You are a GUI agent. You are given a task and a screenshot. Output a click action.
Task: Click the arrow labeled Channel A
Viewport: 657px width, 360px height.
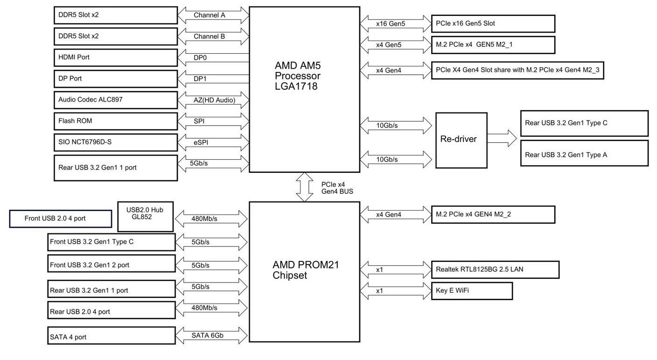[x=213, y=15]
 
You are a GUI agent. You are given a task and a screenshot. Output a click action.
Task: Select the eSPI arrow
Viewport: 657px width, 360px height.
[x=213, y=142]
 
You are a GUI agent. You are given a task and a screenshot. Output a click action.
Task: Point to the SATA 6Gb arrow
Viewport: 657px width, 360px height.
[x=211, y=335]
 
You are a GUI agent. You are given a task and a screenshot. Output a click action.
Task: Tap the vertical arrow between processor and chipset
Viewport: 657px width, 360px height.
[x=304, y=187]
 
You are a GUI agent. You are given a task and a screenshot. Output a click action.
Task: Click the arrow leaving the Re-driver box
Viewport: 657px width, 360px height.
[x=502, y=138]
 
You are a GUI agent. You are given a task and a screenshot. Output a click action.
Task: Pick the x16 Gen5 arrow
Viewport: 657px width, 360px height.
[x=396, y=24]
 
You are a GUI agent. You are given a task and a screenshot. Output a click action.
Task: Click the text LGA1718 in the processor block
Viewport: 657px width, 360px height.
[x=296, y=86]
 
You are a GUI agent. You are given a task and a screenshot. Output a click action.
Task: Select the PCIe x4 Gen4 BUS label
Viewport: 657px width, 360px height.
[x=337, y=188]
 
